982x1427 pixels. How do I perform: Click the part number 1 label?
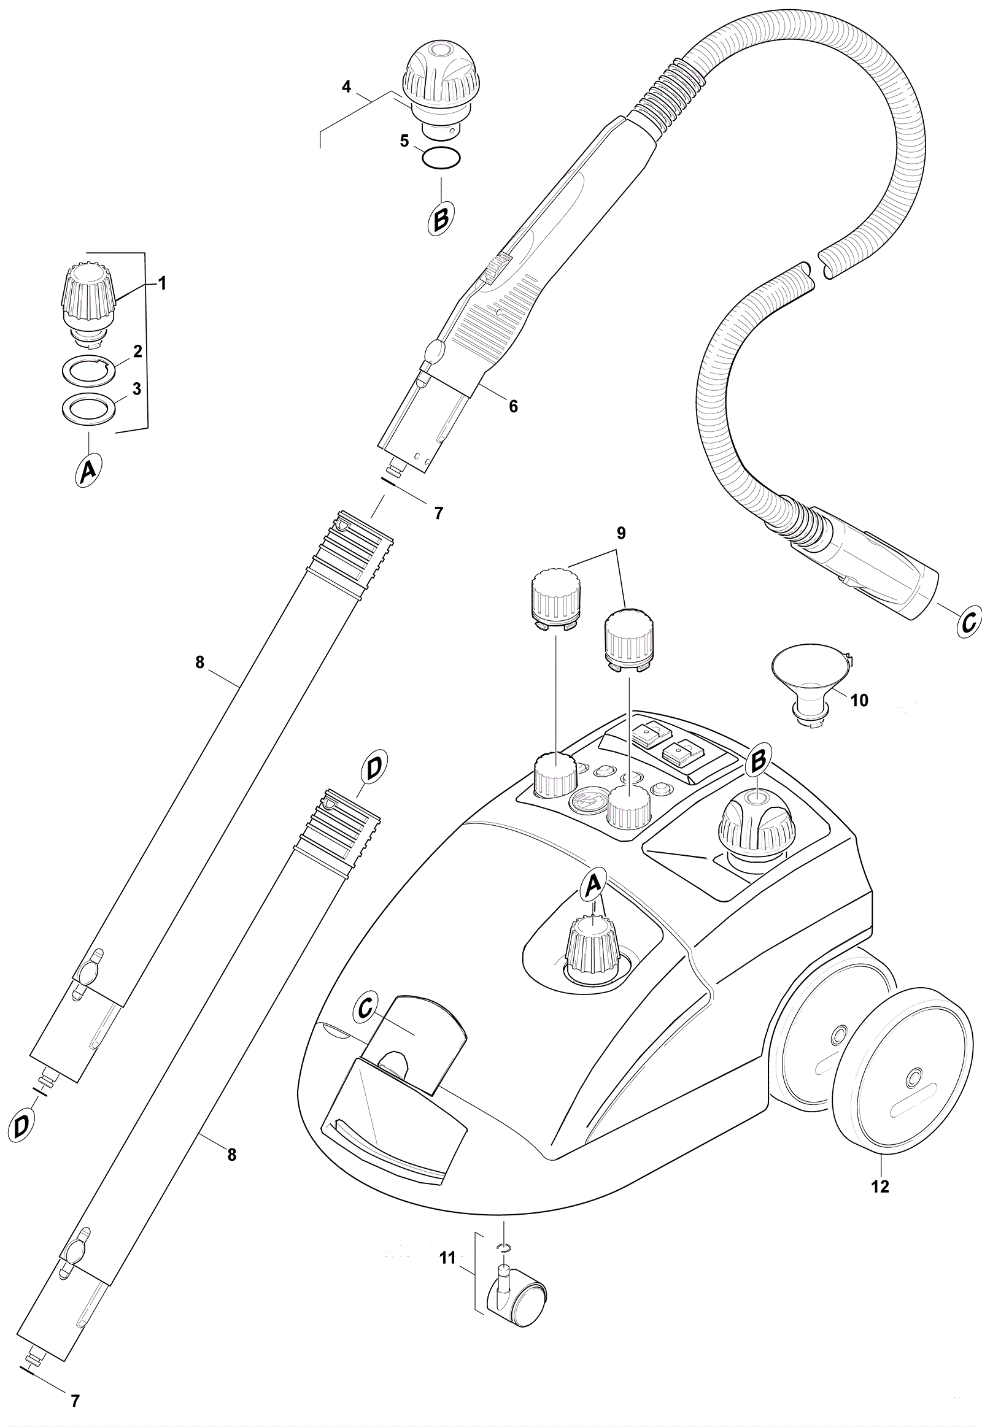coord(163,283)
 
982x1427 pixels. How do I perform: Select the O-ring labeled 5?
coord(441,159)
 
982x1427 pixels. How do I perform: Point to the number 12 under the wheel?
coord(881,1186)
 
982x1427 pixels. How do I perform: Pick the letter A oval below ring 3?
coord(88,472)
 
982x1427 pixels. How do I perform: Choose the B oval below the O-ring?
coord(441,218)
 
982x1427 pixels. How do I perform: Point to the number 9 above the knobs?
coord(621,533)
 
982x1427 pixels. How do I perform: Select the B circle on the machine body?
coord(758,761)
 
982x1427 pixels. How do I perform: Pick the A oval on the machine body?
coord(592,885)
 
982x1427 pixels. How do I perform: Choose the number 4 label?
coord(346,87)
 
